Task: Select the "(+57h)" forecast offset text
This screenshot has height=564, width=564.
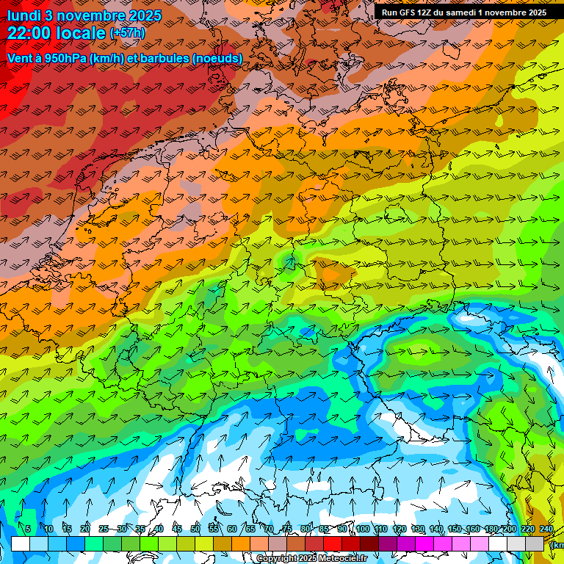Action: point(127,33)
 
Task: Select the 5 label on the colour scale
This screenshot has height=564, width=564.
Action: point(28,529)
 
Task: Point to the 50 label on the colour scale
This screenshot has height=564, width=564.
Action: point(195,529)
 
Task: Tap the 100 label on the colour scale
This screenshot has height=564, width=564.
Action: point(362,529)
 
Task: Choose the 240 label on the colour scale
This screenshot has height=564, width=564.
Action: point(546,529)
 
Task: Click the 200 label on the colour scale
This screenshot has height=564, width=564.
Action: point(510,529)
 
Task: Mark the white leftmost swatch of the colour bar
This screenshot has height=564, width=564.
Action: point(21,543)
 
